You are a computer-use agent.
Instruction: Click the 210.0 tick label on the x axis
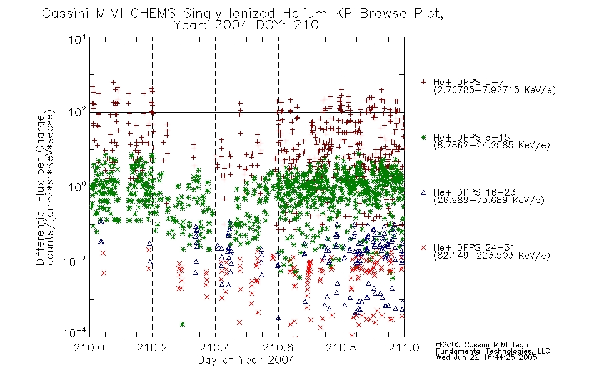(89, 347)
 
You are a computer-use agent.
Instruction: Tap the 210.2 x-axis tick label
(153, 347)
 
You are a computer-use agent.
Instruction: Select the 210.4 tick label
(215, 347)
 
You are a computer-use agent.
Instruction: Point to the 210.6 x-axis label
(278, 347)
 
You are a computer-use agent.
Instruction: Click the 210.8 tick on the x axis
(341, 347)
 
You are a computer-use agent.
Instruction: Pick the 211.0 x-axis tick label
(404, 347)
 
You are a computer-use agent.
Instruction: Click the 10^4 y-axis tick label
(78, 40)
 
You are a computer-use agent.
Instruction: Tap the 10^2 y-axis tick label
(78, 112)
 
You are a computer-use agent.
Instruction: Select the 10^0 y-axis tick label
(78, 187)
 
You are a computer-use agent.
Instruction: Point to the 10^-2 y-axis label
(75, 261)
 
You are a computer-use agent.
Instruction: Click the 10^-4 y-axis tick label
(75, 333)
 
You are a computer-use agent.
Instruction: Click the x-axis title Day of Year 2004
(246, 360)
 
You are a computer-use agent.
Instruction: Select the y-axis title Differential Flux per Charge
(40, 189)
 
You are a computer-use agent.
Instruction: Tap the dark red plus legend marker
(424, 82)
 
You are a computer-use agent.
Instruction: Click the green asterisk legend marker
(424, 137)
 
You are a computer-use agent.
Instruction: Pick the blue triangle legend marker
(424, 192)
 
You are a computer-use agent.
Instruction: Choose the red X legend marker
(424, 247)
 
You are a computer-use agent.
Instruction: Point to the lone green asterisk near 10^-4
(183, 324)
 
